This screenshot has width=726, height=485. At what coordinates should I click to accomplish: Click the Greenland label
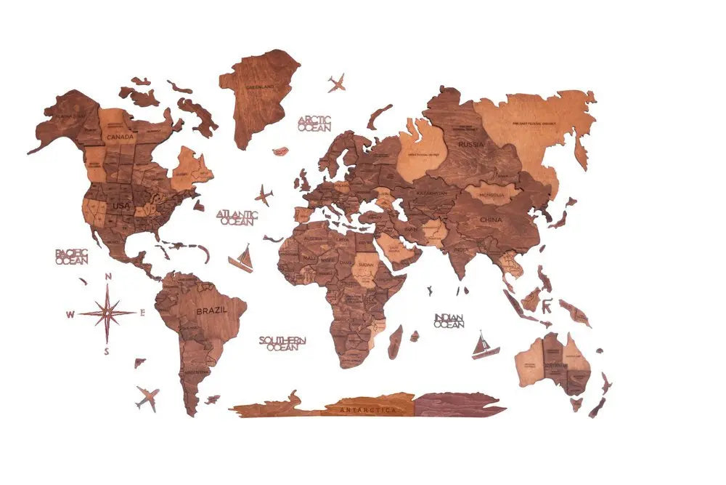[x=259, y=87]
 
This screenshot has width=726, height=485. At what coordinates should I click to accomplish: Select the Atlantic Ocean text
[x=237, y=217]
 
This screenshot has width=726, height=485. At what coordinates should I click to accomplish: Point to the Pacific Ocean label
[x=71, y=256]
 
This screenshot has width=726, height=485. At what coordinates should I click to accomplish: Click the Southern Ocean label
[x=282, y=343]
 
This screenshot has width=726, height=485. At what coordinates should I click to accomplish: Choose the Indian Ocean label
[x=449, y=320]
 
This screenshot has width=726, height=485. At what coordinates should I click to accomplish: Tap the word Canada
[x=120, y=136]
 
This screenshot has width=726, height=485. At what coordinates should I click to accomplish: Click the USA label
[x=121, y=206]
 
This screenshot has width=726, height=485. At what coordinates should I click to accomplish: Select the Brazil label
[x=211, y=310]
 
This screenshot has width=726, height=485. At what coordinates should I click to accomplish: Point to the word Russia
[x=471, y=144]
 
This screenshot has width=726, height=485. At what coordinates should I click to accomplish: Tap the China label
[x=492, y=219]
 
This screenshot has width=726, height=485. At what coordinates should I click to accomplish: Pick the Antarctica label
[x=370, y=410]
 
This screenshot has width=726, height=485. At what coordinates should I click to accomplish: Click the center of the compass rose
[x=107, y=313]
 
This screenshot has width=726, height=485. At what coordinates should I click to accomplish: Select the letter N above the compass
[x=108, y=276]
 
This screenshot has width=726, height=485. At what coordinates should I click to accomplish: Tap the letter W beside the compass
[x=70, y=315]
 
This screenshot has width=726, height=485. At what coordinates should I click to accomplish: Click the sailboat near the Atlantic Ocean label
[x=242, y=260]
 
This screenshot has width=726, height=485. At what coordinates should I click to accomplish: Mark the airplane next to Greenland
[x=336, y=83]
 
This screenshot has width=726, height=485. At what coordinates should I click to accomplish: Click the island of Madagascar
[x=395, y=342]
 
